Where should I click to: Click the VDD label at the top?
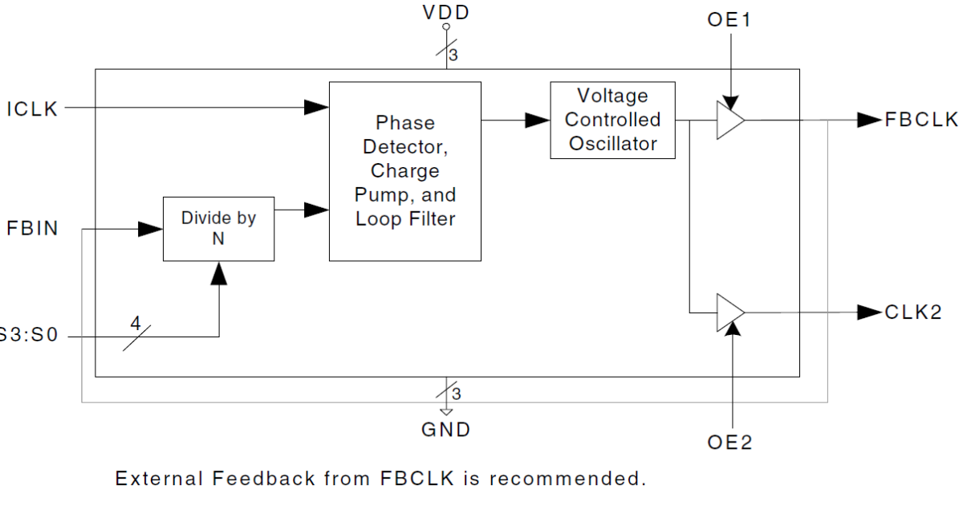446,12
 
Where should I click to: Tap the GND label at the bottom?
446,430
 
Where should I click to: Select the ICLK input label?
33,109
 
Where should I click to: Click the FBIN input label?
33,229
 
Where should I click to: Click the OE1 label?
729,20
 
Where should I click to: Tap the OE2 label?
730,443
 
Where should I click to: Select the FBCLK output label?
921,120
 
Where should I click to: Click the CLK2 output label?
913,312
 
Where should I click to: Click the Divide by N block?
218,229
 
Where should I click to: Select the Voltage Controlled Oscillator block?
612,120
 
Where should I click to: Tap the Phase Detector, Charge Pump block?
405,171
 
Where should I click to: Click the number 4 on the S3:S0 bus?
135,324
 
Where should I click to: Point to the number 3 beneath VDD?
453,55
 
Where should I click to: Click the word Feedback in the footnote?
262,479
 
